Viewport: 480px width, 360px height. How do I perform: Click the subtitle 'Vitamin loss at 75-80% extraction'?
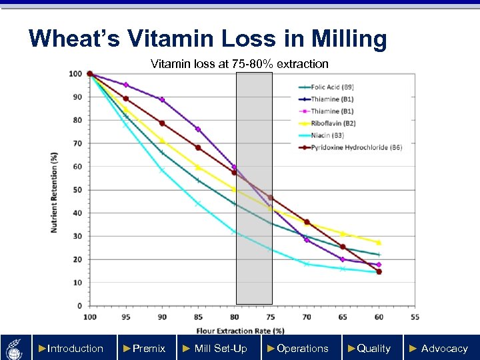pos(239,64)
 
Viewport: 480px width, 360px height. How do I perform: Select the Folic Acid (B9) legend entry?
pos(331,87)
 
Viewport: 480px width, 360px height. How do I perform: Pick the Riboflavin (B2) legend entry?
pos(333,123)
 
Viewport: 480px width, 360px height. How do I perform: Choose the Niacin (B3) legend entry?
pos(327,135)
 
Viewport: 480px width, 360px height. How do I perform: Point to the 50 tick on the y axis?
pos(78,190)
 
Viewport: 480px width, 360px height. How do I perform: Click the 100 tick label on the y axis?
pos(76,74)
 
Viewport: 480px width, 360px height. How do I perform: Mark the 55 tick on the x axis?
pos(415,317)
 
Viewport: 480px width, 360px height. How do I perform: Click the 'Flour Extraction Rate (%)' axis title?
pos(241,330)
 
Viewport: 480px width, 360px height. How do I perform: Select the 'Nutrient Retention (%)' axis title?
pos(54,193)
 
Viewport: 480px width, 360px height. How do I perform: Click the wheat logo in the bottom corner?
pos(15,348)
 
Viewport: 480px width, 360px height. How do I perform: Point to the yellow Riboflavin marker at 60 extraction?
pos(379,243)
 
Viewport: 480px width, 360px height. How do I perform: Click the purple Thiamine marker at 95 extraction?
pos(126,85)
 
